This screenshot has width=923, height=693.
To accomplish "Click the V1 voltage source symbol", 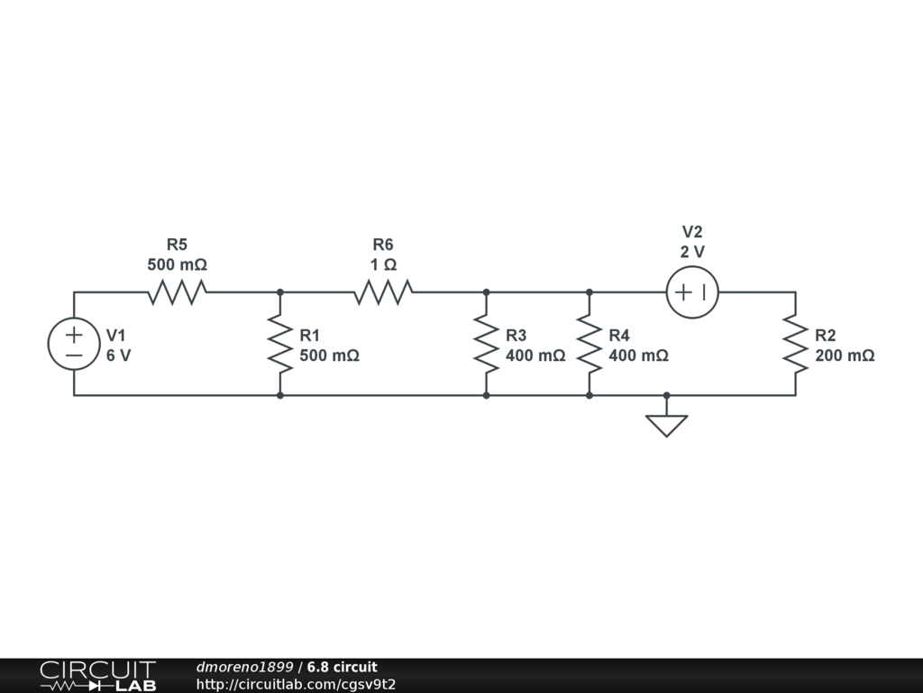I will point(74,344).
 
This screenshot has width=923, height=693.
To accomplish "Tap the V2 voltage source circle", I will point(692,292).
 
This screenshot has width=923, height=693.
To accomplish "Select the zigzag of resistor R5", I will point(178,292).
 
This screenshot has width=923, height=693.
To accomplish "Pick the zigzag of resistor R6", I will point(383,292).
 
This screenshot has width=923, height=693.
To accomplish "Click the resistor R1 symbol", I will point(280,344).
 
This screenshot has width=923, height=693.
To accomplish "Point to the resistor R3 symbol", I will point(487,344).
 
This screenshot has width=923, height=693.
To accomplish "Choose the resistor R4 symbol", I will point(589,344).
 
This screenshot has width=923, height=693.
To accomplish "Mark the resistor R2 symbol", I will point(795,344).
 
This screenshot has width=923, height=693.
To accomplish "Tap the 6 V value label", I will point(119,356).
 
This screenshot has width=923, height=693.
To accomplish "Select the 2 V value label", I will point(692,252).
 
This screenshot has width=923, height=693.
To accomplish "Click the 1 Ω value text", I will point(383,265).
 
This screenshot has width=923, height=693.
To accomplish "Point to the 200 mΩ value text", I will point(845,356).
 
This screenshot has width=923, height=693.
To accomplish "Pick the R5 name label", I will point(177,245).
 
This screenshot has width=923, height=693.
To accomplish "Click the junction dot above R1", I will point(280,292).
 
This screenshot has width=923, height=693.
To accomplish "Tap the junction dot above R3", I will point(487,292).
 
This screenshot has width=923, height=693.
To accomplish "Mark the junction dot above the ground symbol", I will point(667,395).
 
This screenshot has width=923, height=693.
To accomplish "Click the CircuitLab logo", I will point(97,676).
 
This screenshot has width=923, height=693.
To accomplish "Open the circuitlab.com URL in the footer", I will point(296,685).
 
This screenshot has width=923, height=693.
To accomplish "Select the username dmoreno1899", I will point(244,668).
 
